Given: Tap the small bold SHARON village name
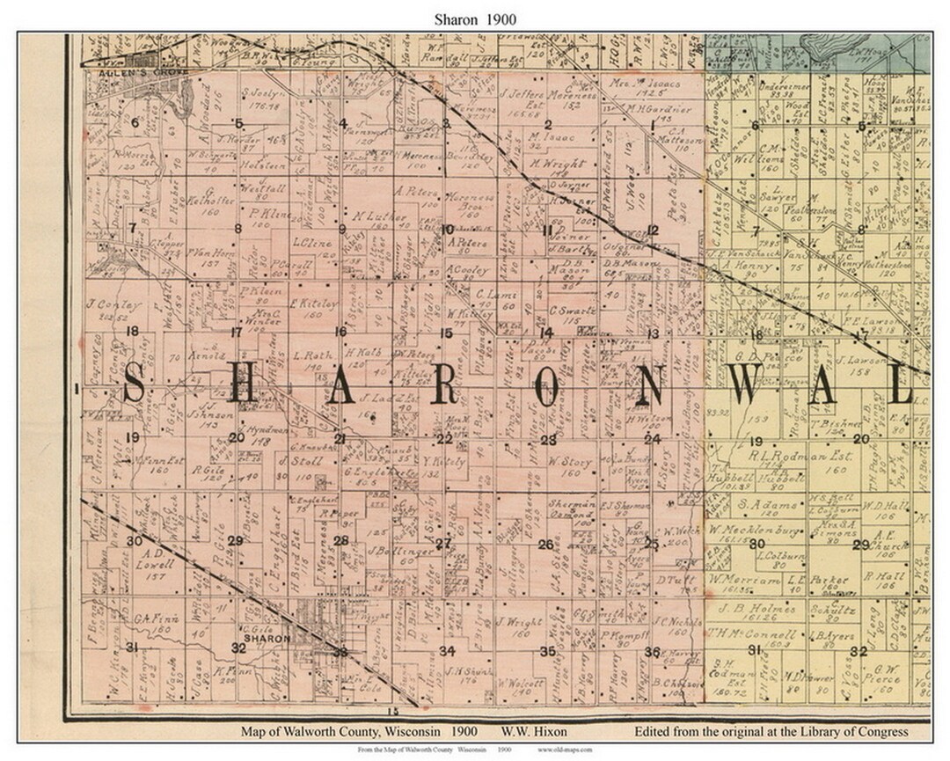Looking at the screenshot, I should click(267, 639).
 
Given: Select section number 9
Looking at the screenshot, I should click(341, 230).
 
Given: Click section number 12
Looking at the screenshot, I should click(653, 230).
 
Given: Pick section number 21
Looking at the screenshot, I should click(340, 438).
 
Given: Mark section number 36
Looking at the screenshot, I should click(652, 651).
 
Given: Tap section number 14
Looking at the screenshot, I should click(546, 333).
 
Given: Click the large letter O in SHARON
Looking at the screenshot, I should click(546, 385).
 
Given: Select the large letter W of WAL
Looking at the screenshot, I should click(747, 385).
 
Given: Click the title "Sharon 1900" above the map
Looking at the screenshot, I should click(476, 18).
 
